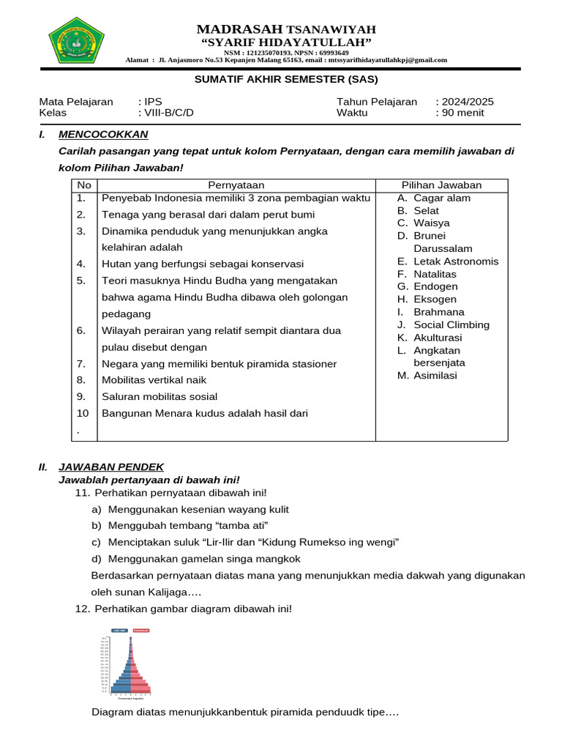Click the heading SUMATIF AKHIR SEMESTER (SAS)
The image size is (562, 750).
[x=285, y=79]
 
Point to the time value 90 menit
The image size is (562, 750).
[x=462, y=113]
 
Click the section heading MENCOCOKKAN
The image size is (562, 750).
[x=103, y=134]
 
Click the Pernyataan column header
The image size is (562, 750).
[x=236, y=185]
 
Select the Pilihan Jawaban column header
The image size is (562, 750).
[x=441, y=185]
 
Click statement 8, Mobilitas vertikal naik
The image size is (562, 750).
[x=154, y=380]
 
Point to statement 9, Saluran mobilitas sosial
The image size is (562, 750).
[x=160, y=396]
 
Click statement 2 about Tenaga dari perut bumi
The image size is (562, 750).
[x=209, y=215]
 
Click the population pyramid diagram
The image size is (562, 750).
[x=130, y=664]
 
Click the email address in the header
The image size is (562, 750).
[x=387, y=60]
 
